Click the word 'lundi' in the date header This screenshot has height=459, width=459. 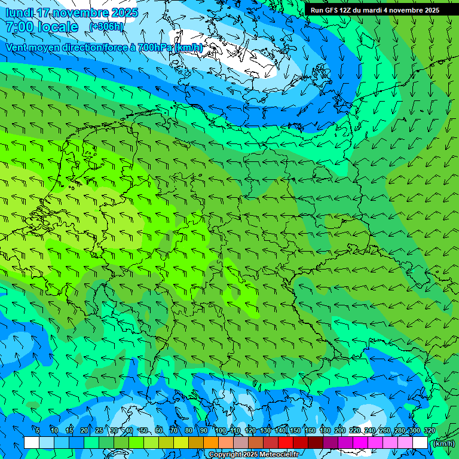(19, 13)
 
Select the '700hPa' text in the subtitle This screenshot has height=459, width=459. (155, 47)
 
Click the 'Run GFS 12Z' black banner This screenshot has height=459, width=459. (375, 10)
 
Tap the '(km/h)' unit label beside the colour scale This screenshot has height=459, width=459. (443, 443)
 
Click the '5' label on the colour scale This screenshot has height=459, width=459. (38, 430)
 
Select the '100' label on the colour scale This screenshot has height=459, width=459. (221, 430)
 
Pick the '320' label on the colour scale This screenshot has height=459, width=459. (429, 430)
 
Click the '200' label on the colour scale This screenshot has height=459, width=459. (340, 430)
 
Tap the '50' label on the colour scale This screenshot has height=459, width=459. (144, 430)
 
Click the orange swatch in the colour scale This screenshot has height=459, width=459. (211, 443)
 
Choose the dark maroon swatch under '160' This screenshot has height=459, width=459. (316, 443)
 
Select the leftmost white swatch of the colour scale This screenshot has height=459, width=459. (32, 443)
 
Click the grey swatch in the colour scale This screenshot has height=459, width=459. (241, 443)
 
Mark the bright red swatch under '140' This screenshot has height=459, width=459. (286, 443)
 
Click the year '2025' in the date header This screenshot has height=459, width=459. (124, 13)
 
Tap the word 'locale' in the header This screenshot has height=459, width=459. (57, 27)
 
